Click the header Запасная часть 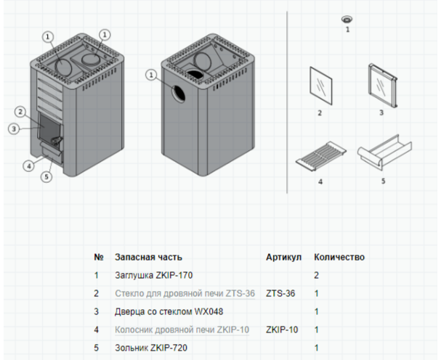(x=148, y=257)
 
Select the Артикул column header (x=283, y=257)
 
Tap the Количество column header (x=339, y=257)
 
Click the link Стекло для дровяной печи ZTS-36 (x=185, y=294)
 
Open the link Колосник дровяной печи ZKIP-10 (x=182, y=330)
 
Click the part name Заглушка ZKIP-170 (x=153, y=276)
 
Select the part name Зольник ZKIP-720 (x=151, y=348)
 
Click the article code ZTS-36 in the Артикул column (x=280, y=294)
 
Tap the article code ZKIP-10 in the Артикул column (x=282, y=330)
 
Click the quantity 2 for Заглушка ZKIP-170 (x=317, y=276)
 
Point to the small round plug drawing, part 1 (x=347, y=20)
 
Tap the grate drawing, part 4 (x=320, y=156)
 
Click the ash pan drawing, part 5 (x=383, y=153)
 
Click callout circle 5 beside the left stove (x=46, y=176)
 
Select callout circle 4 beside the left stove (x=28, y=165)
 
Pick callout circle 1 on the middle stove (x=151, y=74)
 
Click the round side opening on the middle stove (x=177, y=92)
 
